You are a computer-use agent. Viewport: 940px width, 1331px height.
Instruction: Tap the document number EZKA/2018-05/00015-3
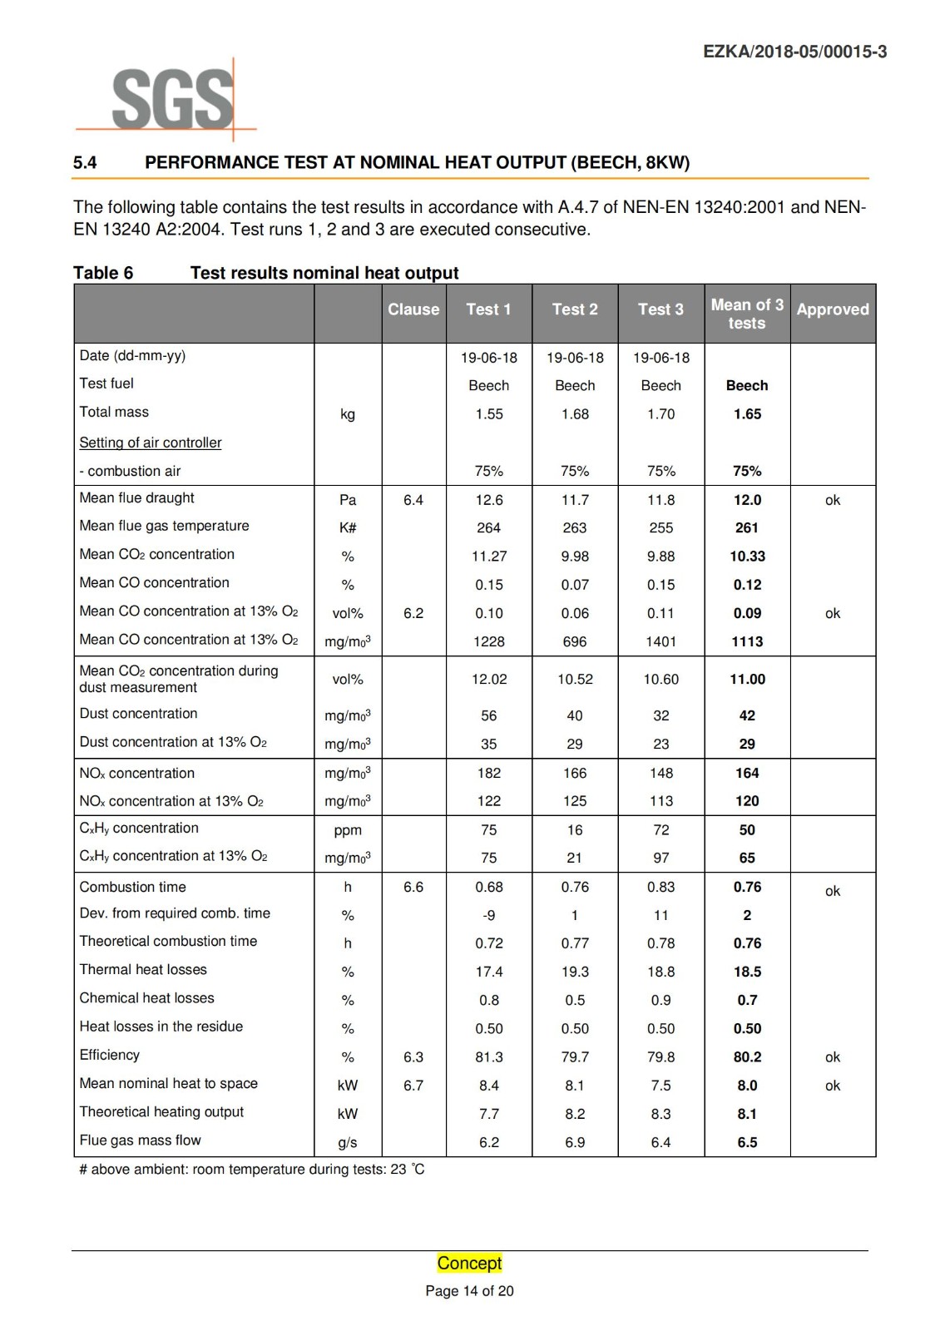794,52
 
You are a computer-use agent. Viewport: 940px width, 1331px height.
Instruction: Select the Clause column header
413,309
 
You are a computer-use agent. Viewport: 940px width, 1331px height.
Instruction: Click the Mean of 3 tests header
747,314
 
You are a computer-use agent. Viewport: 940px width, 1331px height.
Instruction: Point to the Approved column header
833,309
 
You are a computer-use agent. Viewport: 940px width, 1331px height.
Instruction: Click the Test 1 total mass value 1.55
489,414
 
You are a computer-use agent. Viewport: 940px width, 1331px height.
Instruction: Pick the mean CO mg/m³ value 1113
747,641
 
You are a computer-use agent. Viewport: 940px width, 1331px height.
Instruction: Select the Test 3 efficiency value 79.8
661,1057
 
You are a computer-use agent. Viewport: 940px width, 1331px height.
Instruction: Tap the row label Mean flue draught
136,498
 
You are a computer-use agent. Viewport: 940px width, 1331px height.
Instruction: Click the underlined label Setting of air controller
151,443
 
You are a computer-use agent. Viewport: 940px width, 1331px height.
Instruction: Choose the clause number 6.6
413,888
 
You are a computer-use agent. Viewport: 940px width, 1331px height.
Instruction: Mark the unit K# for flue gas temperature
348,528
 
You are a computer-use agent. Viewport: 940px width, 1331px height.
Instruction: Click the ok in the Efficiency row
833,1057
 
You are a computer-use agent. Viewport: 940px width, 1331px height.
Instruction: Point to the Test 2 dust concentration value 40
575,715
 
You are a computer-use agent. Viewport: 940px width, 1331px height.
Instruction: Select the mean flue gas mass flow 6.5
747,1143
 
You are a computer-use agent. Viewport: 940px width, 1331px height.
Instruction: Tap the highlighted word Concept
470,1263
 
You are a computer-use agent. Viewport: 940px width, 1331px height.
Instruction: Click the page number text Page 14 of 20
470,1291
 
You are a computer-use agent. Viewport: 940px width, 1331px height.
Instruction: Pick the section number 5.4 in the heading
85,163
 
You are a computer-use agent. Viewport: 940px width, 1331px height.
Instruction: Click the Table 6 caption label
103,273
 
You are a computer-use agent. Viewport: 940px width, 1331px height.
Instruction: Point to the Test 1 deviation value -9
489,916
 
